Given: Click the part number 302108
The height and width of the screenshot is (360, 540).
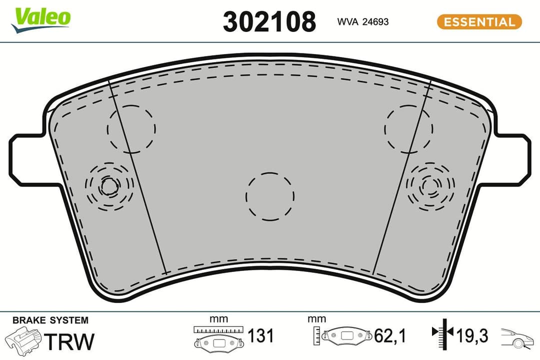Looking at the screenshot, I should (x=269, y=22).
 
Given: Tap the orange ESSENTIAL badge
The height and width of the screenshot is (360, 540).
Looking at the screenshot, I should (x=479, y=22).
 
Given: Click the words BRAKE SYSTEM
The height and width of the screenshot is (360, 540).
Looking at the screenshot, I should (x=50, y=320).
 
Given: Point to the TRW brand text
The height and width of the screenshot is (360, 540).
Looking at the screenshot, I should (x=69, y=341).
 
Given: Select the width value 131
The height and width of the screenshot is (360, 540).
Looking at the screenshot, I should (x=260, y=336).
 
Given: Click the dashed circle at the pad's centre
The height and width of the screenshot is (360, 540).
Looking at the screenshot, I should (x=270, y=196).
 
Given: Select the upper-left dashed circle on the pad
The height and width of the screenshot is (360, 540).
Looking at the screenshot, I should (x=131, y=128).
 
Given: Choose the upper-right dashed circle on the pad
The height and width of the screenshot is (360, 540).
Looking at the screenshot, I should (x=408, y=128).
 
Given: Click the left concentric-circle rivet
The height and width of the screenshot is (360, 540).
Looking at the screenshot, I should (x=109, y=186).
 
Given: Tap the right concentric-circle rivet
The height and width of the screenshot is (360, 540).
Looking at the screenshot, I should (x=430, y=186).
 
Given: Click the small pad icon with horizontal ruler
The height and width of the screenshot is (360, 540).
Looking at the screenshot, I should (x=218, y=337).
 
